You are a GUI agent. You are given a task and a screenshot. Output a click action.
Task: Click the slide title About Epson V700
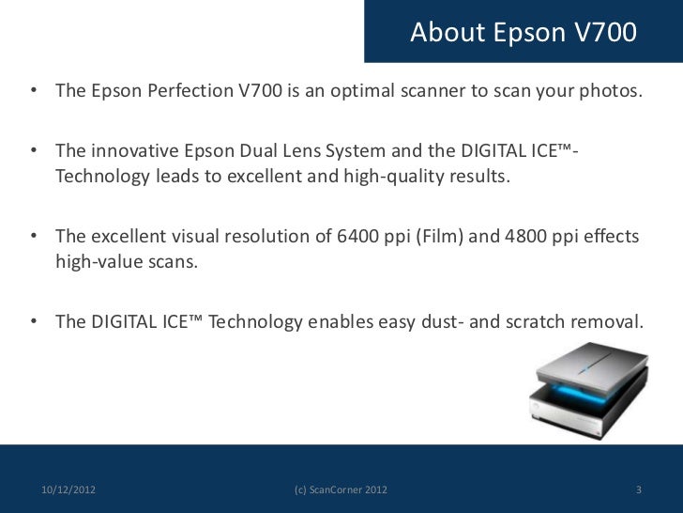point(524,33)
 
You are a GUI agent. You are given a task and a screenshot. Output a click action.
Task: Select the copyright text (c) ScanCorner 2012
point(341,490)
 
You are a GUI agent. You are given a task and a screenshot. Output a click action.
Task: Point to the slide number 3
point(638,490)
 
